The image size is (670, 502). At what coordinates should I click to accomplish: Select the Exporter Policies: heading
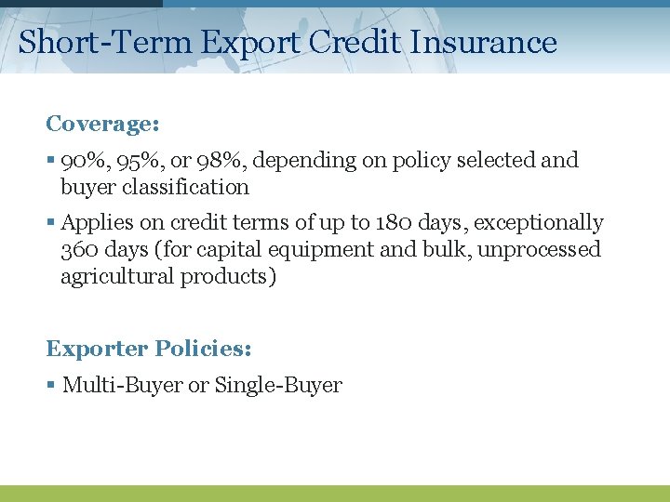pyautogui.click(x=149, y=350)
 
